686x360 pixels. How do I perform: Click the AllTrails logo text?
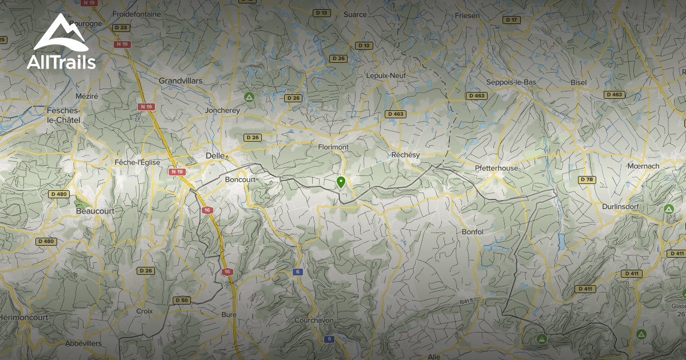pyautogui.click(x=61, y=62)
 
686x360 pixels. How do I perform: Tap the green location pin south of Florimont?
pyautogui.click(x=341, y=182)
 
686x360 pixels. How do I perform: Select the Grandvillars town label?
pyautogui.click(x=181, y=81)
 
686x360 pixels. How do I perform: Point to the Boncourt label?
pyautogui.click(x=240, y=179)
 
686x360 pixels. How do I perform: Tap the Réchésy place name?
pyautogui.click(x=405, y=155)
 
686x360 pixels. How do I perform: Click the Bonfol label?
pyautogui.click(x=472, y=232)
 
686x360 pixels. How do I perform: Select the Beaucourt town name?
pyautogui.click(x=95, y=211)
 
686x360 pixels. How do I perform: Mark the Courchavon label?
pyautogui.click(x=314, y=321)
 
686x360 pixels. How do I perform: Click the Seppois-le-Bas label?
pyautogui.click(x=511, y=82)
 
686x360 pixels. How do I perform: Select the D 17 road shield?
pyautogui.click(x=511, y=20)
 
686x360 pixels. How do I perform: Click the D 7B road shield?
pyautogui.click(x=587, y=179)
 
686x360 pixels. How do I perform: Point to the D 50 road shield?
pyautogui.click(x=181, y=300)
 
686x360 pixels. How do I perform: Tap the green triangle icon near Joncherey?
pyautogui.click(x=249, y=97)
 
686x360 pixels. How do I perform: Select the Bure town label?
pyautogui.click(x=229, y=315)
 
